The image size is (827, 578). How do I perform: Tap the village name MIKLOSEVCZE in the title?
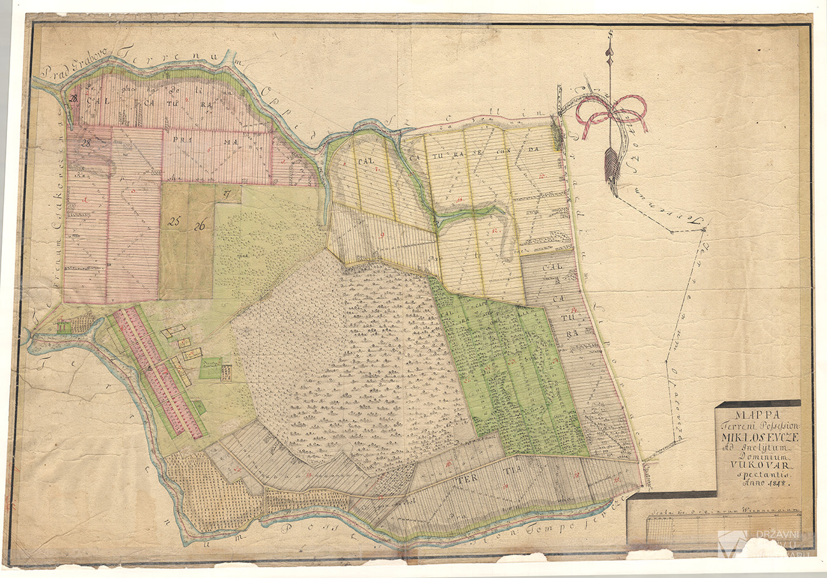coord(758,437)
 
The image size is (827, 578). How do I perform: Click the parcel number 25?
coord(174,223)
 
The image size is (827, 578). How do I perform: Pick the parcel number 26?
coord(200,224)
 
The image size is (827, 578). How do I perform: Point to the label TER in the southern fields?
coord(464,480)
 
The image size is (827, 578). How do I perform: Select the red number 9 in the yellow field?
coord(382,235)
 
